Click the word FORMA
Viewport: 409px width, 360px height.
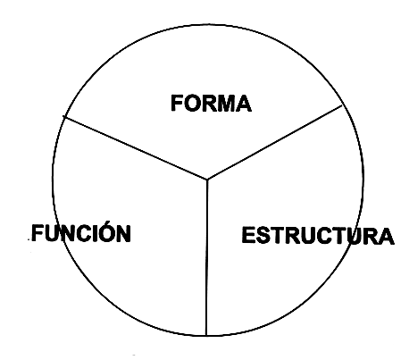[x=211, y=103]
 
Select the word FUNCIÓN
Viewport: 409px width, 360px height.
[x=81, y=232]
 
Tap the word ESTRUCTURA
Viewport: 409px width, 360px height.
[x=318, y=235]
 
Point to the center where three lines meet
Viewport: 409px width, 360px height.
[x=207, y=180]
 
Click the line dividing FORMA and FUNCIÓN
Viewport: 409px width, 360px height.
[x=136, y=147]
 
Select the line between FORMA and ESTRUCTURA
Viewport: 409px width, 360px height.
[x=275, y=142]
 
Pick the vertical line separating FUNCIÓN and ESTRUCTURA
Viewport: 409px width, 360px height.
[x=206, y=257]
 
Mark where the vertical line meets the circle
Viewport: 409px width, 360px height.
[x=206, y=336]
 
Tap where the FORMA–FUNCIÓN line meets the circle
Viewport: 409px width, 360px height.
[x=64, y=117]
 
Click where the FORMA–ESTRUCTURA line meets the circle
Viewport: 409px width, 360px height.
[x=342, y=105]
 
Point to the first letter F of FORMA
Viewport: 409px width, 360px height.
[x=177, y=103]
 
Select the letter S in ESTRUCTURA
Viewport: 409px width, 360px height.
[x=264, y=235]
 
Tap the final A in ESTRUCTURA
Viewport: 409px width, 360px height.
[x=386, y=237]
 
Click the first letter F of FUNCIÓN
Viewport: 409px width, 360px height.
[x=38, y=233]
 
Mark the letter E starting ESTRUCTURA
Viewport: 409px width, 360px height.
[x=249, y=235]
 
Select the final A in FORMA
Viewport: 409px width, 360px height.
[x=242, y=104]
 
